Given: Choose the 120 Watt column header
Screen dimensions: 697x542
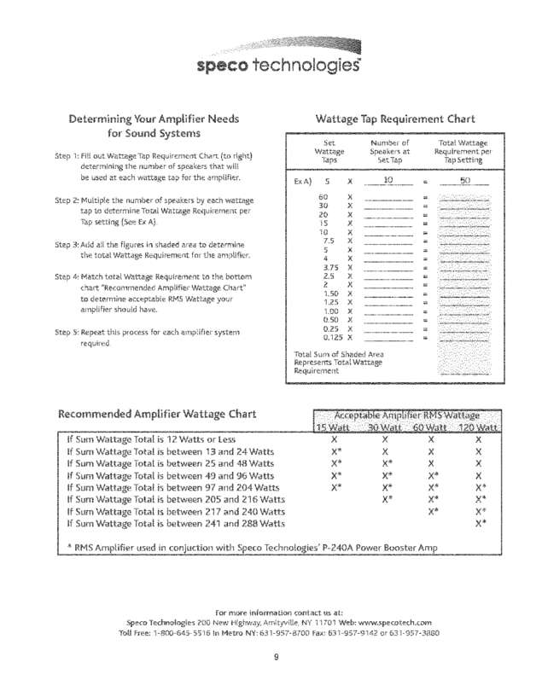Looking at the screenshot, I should (x=479, y=427).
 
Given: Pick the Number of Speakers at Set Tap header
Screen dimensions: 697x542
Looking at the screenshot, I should (x=392, y=151).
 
